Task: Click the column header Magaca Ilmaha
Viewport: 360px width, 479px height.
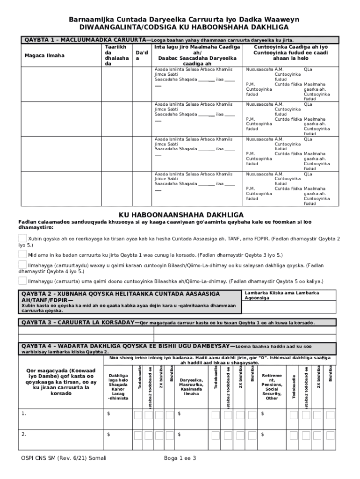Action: point(44,56)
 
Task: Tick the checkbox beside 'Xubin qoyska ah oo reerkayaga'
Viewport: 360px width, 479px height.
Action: point(22,239)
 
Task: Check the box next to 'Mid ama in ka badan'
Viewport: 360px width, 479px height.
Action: point(22,254)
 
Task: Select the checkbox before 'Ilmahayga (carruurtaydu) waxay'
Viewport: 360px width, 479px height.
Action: point(22,265)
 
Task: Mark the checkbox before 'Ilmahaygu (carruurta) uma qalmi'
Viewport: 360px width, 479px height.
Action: point(22,281)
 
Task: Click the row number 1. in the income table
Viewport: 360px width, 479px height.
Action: point(24,414)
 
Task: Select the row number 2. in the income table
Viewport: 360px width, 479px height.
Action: point(24,434)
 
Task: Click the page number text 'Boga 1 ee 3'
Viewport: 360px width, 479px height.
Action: point(180,458)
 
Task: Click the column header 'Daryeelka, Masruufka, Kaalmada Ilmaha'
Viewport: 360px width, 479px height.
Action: point(191,387)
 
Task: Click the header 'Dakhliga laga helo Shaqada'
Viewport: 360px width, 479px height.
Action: point(117,387)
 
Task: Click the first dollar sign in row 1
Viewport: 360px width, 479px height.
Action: point(109,414)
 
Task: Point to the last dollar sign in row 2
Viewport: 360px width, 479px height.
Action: point(262,435)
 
